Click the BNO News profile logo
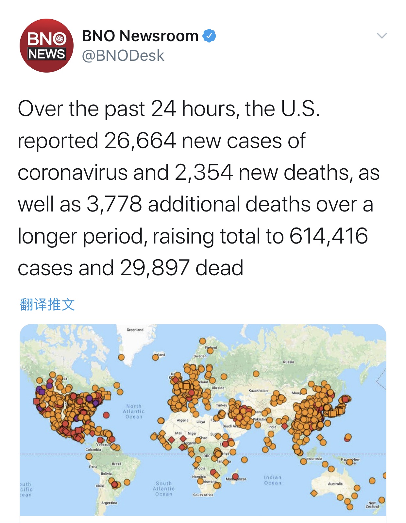point(46,46)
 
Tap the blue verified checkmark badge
point(209,36)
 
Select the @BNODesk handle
point(123,56)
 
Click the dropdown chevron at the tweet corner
point(382,35)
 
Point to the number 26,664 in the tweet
point(140,141)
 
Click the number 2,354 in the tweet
point(204,173)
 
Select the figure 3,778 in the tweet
point(114,204)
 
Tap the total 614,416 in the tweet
point(329,236)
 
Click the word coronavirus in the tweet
point(73,173)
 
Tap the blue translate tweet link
point(47,304)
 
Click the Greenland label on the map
point(135,330)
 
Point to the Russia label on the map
point(288,362)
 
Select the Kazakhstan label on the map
point(258,391)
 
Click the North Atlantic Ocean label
point(134,411)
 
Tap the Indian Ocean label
point(273,480)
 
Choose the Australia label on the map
point(335,484)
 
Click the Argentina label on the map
point(109,503)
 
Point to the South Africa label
point(203,495)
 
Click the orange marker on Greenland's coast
point(121,357)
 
